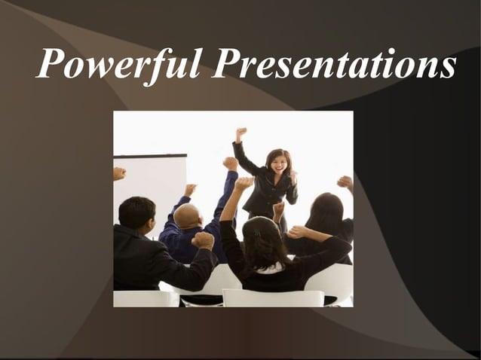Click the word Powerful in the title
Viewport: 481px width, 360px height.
tap(120, 64)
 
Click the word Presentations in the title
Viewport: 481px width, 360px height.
tap(334, 64)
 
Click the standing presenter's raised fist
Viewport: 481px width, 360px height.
tap(240, 133)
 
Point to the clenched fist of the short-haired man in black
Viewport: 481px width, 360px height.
tap(202, 240)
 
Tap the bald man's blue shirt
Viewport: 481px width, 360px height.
tap(179, 245)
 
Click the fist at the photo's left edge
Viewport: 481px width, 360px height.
tap(119, 173)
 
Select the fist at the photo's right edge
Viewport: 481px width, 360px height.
tap(345, 182)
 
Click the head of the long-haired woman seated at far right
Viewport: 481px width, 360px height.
tap(326, 210)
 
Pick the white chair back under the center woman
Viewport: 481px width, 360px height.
tap(272, 297)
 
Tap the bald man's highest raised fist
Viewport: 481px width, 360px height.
tap(230, 163)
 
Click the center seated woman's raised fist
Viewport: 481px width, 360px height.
tap(244, 183)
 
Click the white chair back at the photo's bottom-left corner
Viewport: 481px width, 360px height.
tap(140, 298)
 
